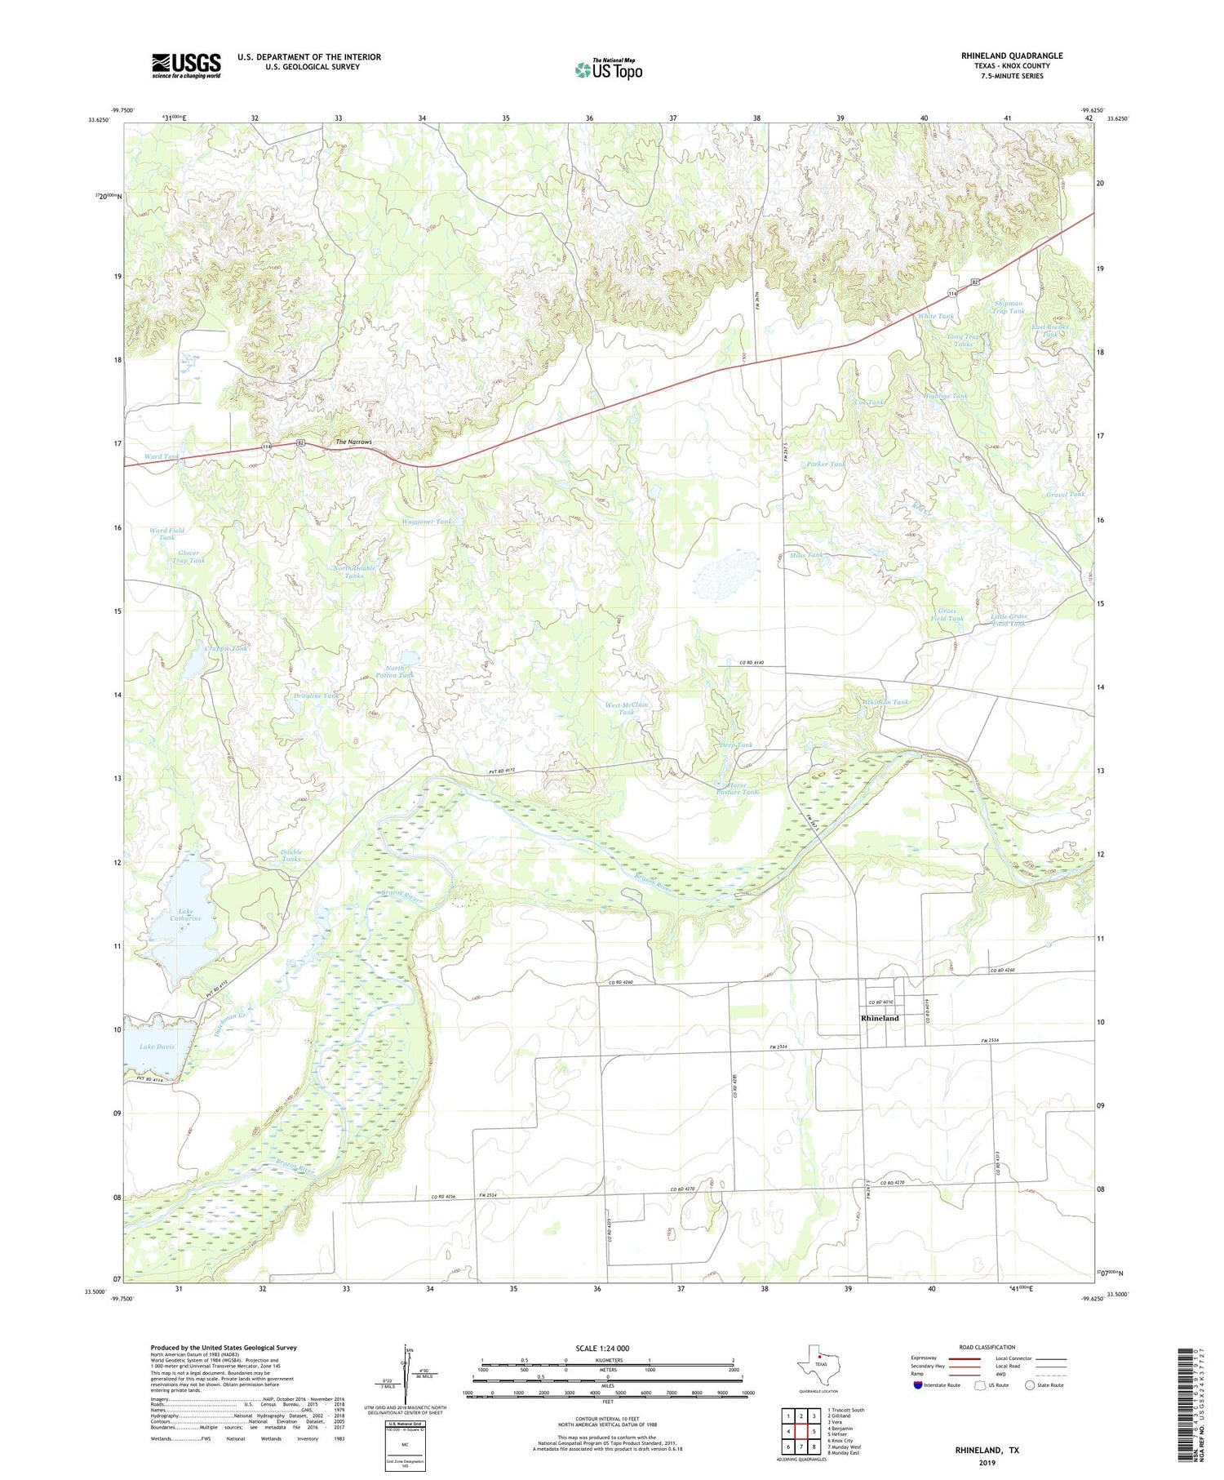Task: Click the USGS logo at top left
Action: [186, 65]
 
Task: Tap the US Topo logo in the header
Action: [608, 69]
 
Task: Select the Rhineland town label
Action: [880, 1018]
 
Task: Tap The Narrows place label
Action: [353, 442]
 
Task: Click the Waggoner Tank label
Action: [426, 522]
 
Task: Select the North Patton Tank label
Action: [400, 672]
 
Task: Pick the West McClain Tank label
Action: [626, 708]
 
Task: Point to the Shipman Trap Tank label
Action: [1009, 307]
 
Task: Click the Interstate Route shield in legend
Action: [920, 1385]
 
